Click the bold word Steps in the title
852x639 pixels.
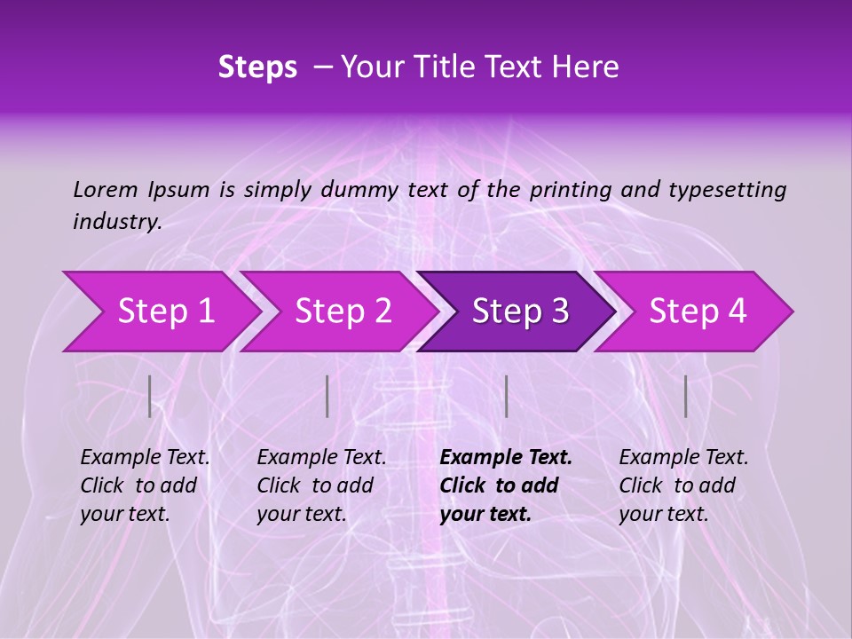(257, 67)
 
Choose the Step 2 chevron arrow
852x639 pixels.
(343, 312)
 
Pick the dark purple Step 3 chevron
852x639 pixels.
(519, 312)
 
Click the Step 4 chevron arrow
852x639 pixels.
(697, 312)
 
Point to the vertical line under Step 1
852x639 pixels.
(150, 396)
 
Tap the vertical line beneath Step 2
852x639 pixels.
(327, 396)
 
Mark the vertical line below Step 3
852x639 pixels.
(506, 396)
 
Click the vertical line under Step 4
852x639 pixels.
(685, 396)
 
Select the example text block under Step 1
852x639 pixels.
(145, 485)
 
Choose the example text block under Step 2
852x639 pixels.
(321, 485)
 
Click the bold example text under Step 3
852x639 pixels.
(506, 485)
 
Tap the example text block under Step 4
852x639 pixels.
(683, 485)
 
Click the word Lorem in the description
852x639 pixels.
(106, 189)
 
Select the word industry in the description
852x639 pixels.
(117, 222)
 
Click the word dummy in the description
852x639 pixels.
(362, 190)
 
